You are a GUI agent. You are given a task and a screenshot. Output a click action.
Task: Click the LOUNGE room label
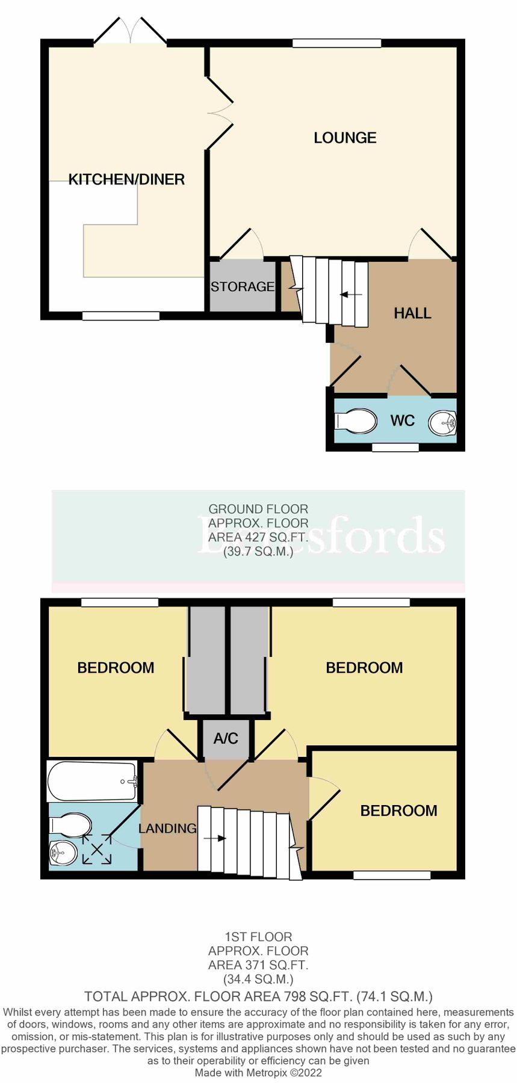tap(345, 138)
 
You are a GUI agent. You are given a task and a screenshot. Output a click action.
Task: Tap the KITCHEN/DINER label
tap(126, 179)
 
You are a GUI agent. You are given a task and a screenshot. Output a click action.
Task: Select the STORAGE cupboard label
tap(242, 287)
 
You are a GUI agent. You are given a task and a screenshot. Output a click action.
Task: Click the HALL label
tap(412, 313)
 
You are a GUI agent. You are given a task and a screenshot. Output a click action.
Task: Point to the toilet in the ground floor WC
tap(356, 421)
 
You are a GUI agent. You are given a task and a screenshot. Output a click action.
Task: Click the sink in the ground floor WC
tap(443, 423)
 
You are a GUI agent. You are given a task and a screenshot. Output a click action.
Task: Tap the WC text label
tap(402, 421)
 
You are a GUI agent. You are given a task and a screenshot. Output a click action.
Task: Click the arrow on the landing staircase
tap(214, 838)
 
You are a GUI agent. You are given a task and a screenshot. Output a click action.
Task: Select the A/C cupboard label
tap(226, 738)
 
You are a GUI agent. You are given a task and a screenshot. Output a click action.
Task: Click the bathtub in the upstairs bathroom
tap(93, 781)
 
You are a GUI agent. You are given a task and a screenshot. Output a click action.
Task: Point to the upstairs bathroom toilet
tap(71, 824)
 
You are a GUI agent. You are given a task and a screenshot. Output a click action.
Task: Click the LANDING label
tap(167, 828)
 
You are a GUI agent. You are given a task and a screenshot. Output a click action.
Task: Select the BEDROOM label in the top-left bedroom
tap(116, 668)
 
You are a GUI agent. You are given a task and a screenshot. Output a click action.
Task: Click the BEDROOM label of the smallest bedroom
tap(398, 811)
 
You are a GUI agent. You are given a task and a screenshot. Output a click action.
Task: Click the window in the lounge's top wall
tap(336, 43)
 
